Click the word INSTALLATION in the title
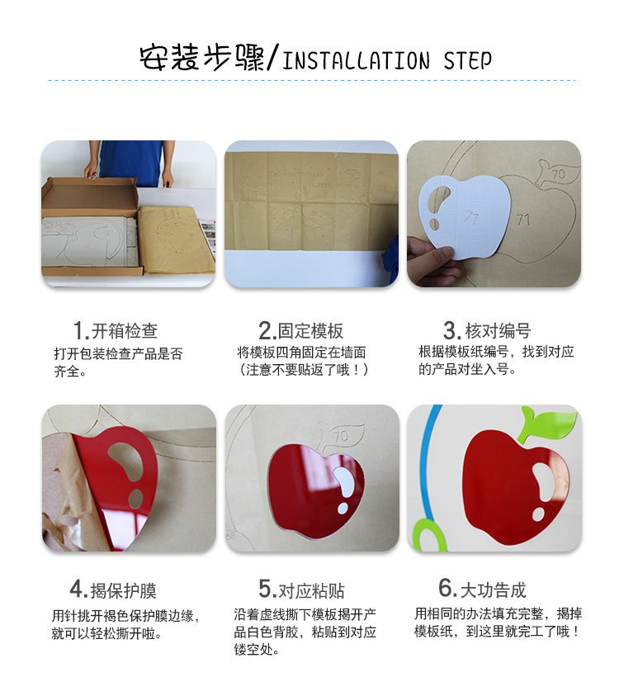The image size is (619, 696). tap(356, 61)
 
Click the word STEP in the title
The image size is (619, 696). tap(468, 61)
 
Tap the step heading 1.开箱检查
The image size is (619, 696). tap(116, 331)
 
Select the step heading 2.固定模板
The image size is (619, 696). tap(301, 331)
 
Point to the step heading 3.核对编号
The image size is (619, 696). tap(487, 331)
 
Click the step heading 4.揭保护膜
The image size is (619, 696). tap(113, 590)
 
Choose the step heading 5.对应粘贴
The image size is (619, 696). tap(302, 590)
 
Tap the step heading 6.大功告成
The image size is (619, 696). tap(482, 589)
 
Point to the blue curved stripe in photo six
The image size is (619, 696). tap(423, 462)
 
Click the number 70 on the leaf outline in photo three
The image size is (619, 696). tap(559, 173)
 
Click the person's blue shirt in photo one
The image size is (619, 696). tap(134, 161)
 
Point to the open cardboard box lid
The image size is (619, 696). tap(90, 196)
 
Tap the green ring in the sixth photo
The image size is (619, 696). tap(428, 535)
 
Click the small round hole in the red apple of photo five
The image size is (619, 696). tap(343, 508)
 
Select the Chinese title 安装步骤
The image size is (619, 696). tap(202, 58)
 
